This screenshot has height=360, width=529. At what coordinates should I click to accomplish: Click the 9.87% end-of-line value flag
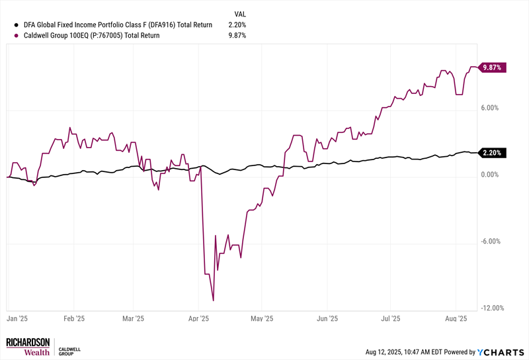[493, 67]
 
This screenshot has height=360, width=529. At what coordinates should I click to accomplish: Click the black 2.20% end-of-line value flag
[493, 153]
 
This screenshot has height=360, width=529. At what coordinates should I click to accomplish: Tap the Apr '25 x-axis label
[198, 318]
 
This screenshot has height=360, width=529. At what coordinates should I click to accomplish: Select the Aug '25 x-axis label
[456, 318]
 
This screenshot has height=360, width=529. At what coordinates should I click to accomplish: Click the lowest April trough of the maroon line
[213, 300]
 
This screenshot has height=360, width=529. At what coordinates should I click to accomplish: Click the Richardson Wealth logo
[28, 347]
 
